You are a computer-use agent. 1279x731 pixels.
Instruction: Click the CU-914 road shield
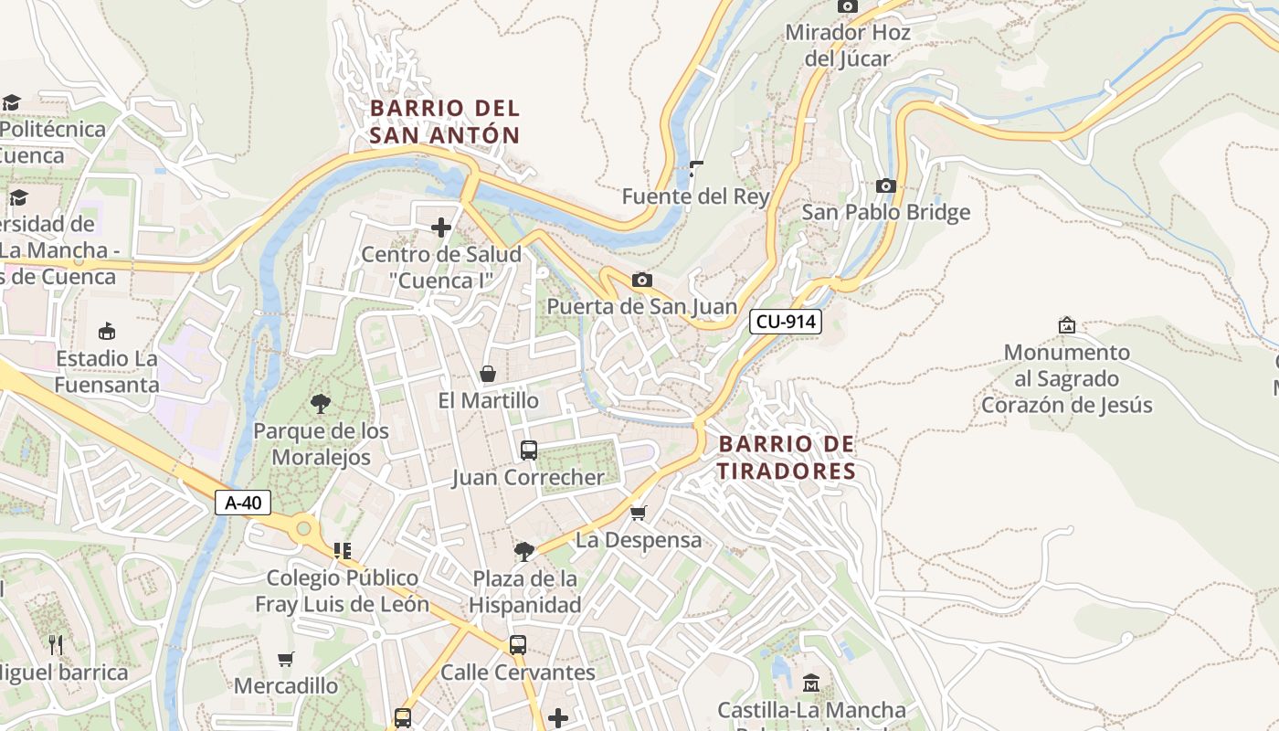[x=785, y=322]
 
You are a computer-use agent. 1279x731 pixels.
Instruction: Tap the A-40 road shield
[x=243, y=503]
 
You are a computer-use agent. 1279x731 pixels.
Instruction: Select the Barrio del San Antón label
[x=445, y=122]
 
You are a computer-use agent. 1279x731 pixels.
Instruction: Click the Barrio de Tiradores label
[x=787, y=458]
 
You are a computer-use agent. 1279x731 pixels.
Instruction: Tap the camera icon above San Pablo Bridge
[x=885, y=186]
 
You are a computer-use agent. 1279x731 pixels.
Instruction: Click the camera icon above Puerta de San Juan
[x=642, y=280]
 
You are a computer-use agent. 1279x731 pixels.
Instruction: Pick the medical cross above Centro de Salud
[x=441, y=228]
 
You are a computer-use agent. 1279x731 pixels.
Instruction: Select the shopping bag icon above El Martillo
[x=488, y=374]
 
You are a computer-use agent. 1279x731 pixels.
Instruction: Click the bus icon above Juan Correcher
[x=528, y=450]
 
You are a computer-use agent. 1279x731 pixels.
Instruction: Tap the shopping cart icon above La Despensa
[x=639, y=513]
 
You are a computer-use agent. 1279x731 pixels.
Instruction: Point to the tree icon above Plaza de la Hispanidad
[x=524, y=551]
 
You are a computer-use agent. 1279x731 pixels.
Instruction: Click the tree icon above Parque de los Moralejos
[x=321, y=403]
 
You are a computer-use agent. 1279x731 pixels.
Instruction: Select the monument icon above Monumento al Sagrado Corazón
[x=1066, y=325]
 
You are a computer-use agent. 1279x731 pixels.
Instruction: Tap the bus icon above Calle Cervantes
[x=517, y=645]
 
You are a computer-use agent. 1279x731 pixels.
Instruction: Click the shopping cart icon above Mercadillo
[x=286, y=659]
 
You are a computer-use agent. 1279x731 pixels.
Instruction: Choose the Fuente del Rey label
[x=695, y=196]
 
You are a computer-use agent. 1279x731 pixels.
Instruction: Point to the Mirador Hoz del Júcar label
[x=848, y=46]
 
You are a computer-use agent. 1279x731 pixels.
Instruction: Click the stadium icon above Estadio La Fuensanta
[x=107, y=331]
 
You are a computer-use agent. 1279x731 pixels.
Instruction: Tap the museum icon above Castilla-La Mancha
[x=811, y=683]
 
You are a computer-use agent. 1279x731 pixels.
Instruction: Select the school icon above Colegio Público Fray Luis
[x=343, y=550]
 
